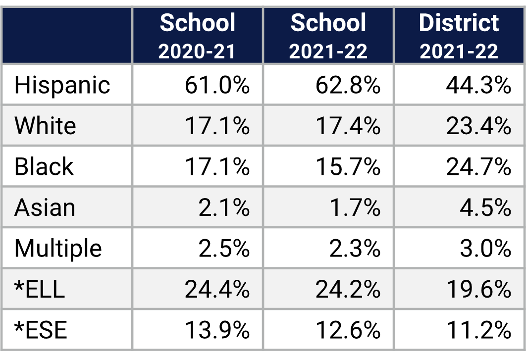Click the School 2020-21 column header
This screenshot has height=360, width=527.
coord(197,36)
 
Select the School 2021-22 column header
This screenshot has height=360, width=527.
coord(328,36)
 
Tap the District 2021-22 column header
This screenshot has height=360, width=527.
coord(459,36)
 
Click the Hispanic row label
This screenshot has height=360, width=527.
coord(62,85)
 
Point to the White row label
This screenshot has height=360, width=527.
coord(45,126)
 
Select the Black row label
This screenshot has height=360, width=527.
coord(44,166)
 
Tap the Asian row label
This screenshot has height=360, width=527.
coord(45,207)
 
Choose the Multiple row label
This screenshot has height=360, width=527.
coord(58,248)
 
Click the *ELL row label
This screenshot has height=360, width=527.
coord(40,289)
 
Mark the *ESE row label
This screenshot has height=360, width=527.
coord(41,329)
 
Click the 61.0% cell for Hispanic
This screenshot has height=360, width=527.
coord(217,85)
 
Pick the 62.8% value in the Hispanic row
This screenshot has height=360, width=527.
coord(348,85)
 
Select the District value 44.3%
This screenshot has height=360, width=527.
coord(478,85)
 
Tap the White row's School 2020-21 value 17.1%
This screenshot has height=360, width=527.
coord(217,126)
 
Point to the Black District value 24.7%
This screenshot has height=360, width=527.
coord(478,166)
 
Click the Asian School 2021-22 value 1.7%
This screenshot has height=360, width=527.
coord(355,207)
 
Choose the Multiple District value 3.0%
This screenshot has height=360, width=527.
coord(485,248)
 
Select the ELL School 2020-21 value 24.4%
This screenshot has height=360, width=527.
coord(217,289)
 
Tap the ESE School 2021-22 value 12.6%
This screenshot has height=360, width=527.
coord(348,329)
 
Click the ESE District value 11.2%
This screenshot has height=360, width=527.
coord(478,329)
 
